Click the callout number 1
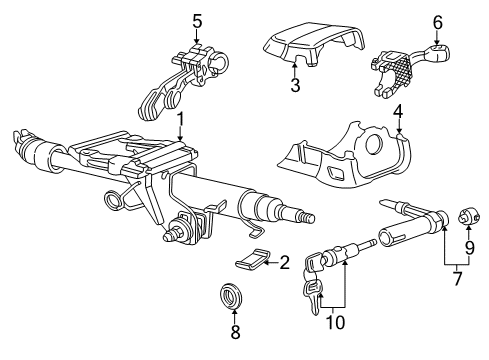pos(180,120)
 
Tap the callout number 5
pos(197,22)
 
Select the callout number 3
pos(295,85)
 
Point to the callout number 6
pos(437,23)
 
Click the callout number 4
pos(398,112)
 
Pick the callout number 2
pos(284,263)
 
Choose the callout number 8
pos(235,331)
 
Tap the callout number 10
pos(335,322)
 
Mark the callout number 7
pos(457,278)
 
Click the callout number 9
pos(469,248)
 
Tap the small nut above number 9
pos(469,216)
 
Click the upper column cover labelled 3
pos(313,43)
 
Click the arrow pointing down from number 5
pos(197,37)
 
